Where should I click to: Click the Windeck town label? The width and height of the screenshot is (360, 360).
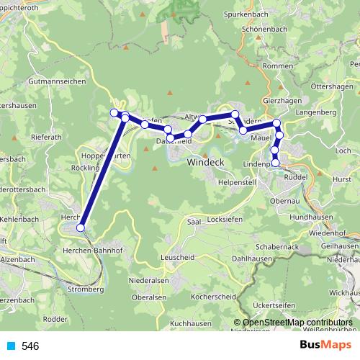pyautogui.click(x=206, y=163)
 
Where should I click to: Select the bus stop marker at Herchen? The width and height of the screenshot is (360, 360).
pyautogui.click(x=81, y=228)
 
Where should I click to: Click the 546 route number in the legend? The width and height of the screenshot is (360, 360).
pyautogui.click(x=31, y=346)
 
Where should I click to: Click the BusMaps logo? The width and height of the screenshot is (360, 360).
pyautogui.click(x=320, y=346)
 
